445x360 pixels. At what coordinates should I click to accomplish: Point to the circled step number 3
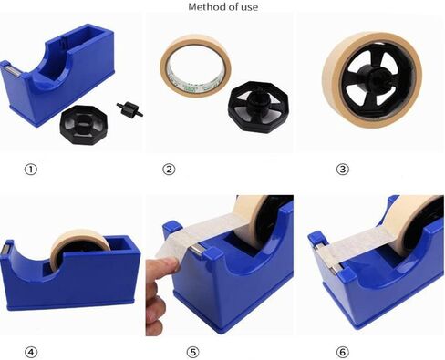pyautogui.click(x=316, y=169)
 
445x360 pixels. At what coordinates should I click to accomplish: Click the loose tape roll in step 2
pyautogui.click(x=196, y=66)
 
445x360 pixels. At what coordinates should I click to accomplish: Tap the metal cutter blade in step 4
pyautogui.click(x=7, y=248)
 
